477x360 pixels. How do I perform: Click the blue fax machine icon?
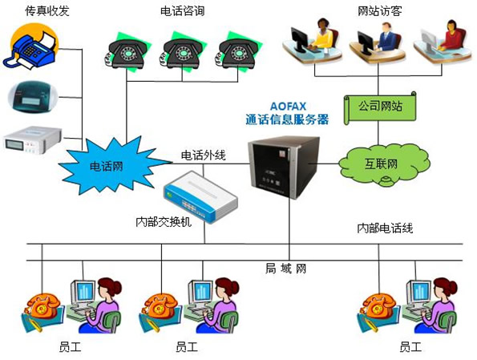click(x=30, y=47)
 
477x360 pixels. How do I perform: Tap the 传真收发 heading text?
click(x=47, y=11)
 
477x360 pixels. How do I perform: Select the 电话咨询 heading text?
click(x=182, y=11)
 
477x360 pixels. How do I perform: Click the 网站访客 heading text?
click(x=380, y=11)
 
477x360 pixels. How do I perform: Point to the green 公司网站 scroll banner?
click(x=380, y=107)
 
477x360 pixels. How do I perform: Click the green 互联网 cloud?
click(x=384, y=164)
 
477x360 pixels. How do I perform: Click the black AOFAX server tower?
click(x=284, y=167)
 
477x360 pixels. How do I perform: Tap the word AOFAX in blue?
click(x=288, y=106)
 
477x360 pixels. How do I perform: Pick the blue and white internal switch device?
click(x=200, y=197)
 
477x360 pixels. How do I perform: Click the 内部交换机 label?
click(x=164, y=222)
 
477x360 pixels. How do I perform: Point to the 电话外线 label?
click(x=203, y=156)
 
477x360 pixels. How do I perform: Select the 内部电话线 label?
click(x=385, y=228)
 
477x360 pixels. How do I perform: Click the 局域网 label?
click(x=285, y=269)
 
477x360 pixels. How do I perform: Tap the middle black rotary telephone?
click(x=182, y=52)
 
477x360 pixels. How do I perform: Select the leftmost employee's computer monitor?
click(x=83, y=293)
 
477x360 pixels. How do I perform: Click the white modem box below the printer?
click(x=33, y=140)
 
